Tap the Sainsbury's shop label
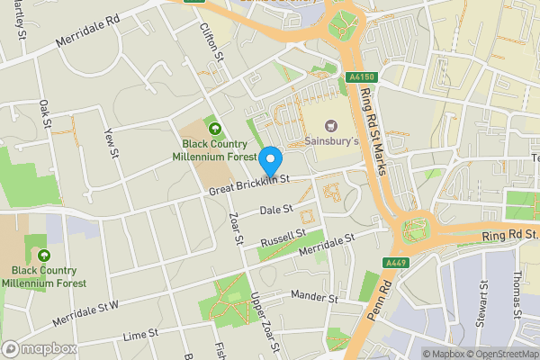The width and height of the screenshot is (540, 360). point(330,142)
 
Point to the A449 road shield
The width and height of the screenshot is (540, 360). point(395,262)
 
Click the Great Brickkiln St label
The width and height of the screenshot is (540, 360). point(247,184)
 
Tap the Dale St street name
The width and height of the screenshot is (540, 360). point(276,211)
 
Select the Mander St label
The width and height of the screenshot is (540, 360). point(314,298)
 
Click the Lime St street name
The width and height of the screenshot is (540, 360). point(140,336)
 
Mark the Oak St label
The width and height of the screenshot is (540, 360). point(44,115)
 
